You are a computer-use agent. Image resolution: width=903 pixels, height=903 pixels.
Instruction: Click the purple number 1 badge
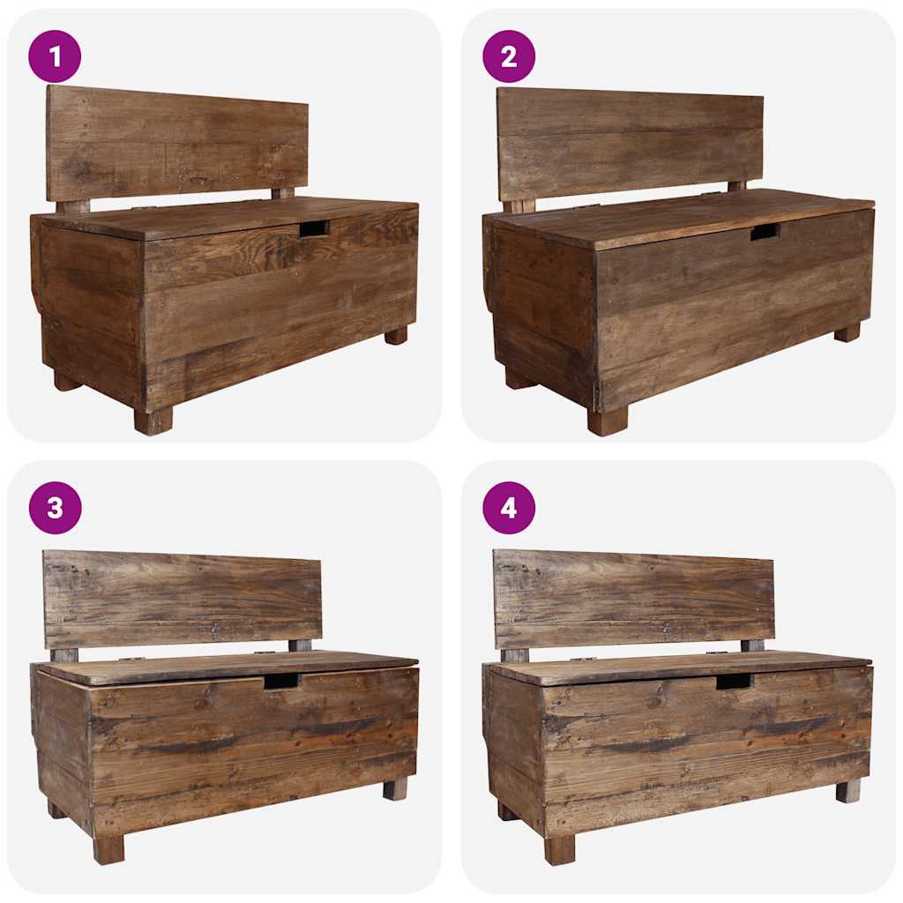pos(55,56)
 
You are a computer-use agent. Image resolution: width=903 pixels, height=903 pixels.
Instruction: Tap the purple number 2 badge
pos(509,56)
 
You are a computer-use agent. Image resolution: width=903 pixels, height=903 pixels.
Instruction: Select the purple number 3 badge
pos(55,508)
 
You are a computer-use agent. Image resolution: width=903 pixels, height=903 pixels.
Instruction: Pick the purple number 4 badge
pos(509,508)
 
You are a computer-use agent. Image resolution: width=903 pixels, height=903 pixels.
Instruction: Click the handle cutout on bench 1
pos(313,228)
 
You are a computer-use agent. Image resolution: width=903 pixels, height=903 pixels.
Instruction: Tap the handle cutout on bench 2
pos(765,232)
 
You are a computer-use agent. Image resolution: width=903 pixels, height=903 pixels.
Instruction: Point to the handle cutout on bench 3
pos(281,681)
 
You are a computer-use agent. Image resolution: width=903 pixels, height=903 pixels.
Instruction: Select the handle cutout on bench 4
pos(733,681)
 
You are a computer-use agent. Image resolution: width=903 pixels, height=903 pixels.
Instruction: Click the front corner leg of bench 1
pos(153,421)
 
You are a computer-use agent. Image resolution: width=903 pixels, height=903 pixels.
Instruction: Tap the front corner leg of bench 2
pos(608,421)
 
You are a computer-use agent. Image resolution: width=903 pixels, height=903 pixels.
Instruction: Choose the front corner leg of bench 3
pos(108,849)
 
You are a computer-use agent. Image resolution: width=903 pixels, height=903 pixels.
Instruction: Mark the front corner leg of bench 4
pos(559,849)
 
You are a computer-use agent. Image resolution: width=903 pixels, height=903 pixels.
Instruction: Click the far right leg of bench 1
pos(396,335)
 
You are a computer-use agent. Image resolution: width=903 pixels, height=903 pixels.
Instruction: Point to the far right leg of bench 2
pos(847,332)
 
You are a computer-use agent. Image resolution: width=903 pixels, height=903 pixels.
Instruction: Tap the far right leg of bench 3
pos(395,787)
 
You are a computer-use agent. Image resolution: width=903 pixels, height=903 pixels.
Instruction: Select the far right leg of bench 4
pos(848,790)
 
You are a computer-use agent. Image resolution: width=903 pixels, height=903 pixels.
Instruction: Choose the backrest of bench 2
pos(630,143)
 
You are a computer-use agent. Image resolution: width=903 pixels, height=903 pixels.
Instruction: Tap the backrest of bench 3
pos(183,599)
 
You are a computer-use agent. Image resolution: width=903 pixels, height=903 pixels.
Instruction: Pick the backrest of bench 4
pos(633,599)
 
